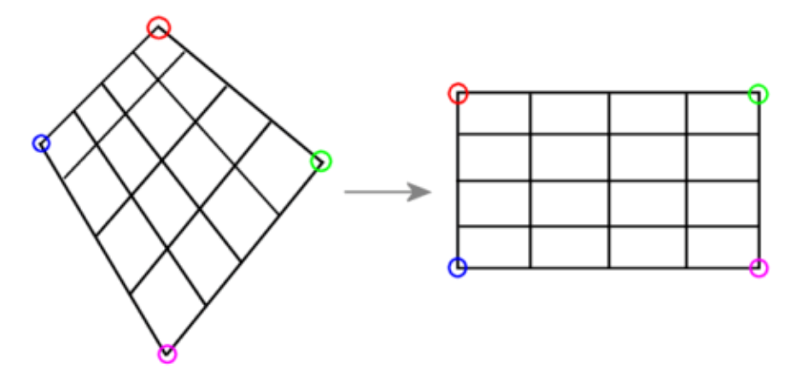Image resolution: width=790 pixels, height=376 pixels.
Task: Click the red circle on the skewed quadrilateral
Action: click(x=158, y=27)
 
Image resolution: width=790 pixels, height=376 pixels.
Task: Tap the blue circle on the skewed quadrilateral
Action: click(x=41, y=143)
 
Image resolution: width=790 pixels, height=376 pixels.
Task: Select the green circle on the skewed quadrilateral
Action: click(x=320, y=161)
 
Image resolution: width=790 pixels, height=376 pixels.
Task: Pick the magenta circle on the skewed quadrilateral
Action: click(x=167, y=353)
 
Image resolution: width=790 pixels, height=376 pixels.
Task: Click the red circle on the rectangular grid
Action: click(x=458, y=92)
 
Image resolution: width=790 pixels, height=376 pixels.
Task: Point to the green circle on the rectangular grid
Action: click(x=758, y=94)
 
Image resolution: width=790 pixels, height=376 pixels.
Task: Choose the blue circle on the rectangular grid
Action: click(x=458, y=267)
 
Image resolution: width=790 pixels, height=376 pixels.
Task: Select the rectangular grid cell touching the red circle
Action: click(x=494, y=114)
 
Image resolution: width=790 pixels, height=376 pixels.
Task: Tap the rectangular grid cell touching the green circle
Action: click(x=723, y=114)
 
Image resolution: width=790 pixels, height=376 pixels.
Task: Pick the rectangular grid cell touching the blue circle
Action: click(x=494, y=248)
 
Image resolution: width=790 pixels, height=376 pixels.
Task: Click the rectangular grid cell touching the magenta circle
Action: click(x=723, y=248)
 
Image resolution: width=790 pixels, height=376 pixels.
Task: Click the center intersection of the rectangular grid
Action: click(x=609, y=180)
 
